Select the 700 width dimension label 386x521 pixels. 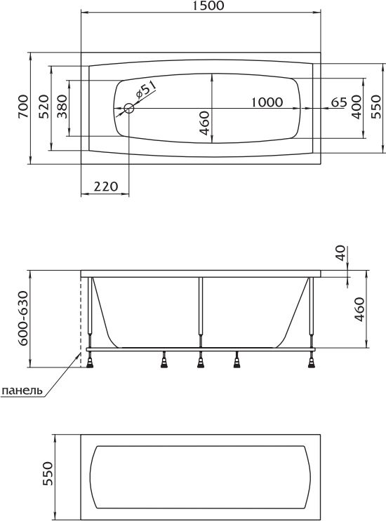coord(24,107)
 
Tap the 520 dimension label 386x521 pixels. coord(44,107)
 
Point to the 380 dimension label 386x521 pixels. coord(62,107)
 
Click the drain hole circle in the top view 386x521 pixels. coord(128,108)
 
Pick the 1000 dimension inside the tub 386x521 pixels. coord(267,102)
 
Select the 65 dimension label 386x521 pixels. coord(339,102)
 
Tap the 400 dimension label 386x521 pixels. coord(357,107)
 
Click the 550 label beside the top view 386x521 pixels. coord(376,107)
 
